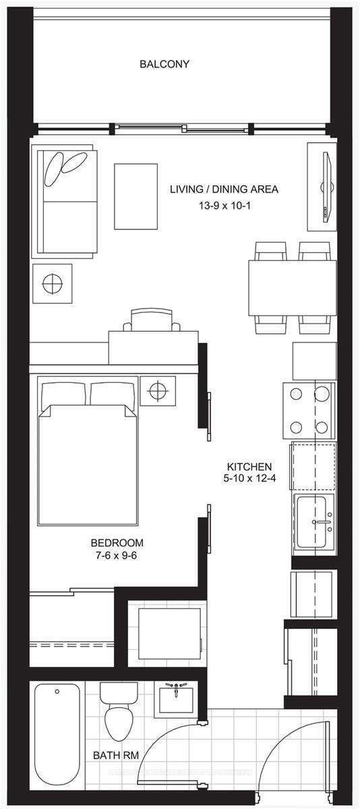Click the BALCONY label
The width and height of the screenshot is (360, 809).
click(x=164, y=65)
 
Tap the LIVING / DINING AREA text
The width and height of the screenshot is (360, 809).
click(x=224, y=189)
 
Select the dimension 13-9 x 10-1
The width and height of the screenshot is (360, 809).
click(x=224, y=203)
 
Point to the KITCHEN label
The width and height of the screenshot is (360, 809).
click(x=249, y=467)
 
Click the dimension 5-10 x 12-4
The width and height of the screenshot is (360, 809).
click(x=249, y=480)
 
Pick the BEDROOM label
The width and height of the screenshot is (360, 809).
click(x=117, y=543)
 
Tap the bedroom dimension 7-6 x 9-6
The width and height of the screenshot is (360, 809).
click(x=117, y=556)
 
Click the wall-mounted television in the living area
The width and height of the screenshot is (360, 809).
click(x=326, y=186)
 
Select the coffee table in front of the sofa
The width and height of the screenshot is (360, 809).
click(x=136, y=196)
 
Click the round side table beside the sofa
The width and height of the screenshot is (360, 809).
click(x=51, y=284)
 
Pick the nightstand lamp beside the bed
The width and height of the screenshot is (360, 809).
click(x=158, y=390)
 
